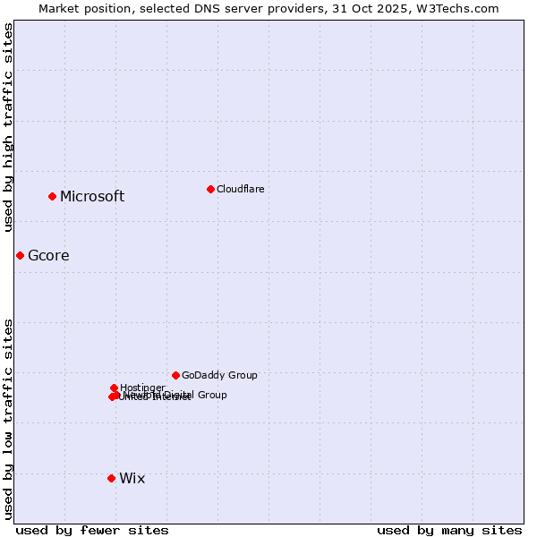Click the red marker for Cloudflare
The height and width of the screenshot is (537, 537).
(x=210, y=189)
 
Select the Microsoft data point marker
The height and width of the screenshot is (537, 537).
(x=52, y=196)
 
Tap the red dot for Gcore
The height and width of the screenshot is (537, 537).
(x=20, y=255)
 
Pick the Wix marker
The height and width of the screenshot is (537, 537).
(x=111, y=478)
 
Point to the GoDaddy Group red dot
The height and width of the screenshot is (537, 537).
(x=175, y=375)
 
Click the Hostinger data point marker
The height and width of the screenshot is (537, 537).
(x=114, y=388)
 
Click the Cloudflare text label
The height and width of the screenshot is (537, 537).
(x=240, y=189)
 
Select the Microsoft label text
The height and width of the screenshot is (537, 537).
(x=92, y=197)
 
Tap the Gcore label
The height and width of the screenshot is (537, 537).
(x=48, y=256)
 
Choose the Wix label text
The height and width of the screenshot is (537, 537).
(x=132, y=479)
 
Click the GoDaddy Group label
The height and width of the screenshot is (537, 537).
(x=219, y=376)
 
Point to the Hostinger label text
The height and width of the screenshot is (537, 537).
(x=142, y=388)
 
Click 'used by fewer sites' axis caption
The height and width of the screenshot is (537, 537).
(x=92, y=530)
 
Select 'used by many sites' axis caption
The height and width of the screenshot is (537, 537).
(x=449, y=530)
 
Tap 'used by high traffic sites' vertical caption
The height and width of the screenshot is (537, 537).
(x=8, y=127)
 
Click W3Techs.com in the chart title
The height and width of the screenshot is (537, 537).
(x=462, y=8)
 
